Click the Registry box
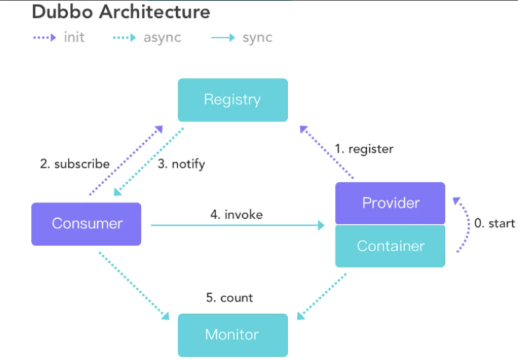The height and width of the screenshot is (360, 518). pos(233,100)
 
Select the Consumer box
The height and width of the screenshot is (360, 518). pos(86,224)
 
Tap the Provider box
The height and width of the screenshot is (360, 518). pos(390,203)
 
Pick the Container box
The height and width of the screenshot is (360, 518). pos(390,246)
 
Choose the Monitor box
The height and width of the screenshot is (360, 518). pos(233,335)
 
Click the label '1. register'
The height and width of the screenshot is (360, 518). pos(364,149)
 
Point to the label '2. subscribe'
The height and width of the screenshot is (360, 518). pos(74,163)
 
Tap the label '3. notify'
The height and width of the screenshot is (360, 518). pos(181,164)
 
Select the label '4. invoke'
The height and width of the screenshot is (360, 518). pos(236,214)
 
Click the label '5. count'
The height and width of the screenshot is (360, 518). pos(229,298)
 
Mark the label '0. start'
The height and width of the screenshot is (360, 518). pos(494,223)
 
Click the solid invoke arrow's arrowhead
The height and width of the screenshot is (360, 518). pos(321,225)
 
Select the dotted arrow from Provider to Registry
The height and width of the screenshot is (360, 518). pos(327,152)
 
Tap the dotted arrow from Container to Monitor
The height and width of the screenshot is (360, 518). pos(322,296)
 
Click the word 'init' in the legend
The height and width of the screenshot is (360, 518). pos(74,37)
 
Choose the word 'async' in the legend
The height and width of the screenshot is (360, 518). pos(162,38)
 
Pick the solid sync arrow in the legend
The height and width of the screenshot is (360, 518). pos(222,38)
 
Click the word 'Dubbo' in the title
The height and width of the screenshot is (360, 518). pos(62,12)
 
